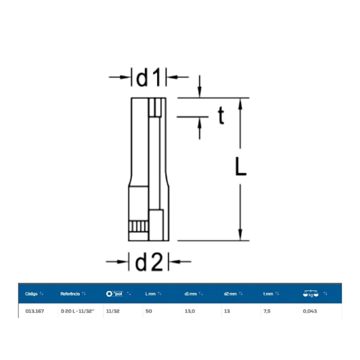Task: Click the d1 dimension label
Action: click(148, 78)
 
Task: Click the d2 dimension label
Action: click(149, 262)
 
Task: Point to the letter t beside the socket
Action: click(221, 116)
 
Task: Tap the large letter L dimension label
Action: click(240, 166)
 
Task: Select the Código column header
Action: click(31, 294)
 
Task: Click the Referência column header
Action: click(70, 294)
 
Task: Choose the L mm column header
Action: click(151, 294)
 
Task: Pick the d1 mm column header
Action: click(191, 294)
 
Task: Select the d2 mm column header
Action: click(230, 294)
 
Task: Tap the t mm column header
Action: click(268, 294)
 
